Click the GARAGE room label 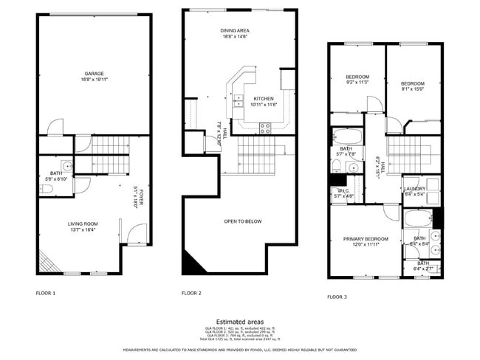click(x=93, y=73)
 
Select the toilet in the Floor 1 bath click(x=47, y=189)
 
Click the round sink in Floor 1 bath click(x=66, y=166)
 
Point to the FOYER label click(x=137, y=196)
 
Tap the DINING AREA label click(x=233, y=31)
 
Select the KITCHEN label click(x=264, y=98)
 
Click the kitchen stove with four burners click(x=265, y=126)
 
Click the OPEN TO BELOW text click(x=243, y=221)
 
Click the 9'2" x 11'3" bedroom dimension click(x=357, y=83)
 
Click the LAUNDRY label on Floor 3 click(x=414, y=189)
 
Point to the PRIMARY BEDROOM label click(x=366, y=239)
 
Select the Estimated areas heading click(x=240, y=322)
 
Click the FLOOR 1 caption click(x=45, y=293)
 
